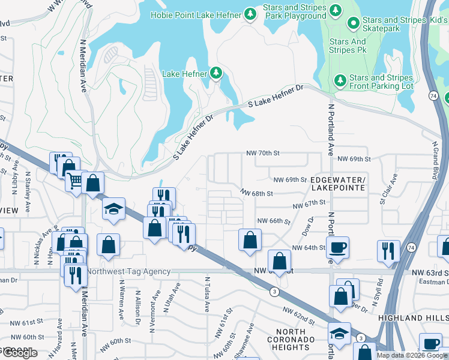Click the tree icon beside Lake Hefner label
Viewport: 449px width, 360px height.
(216, 74)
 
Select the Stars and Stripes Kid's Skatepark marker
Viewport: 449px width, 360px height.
(354, 24)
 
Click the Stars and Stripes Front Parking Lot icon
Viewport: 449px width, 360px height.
(340, 80)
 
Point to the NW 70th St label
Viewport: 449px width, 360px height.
(264, 154)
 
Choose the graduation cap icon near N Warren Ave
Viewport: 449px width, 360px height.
(113, 209)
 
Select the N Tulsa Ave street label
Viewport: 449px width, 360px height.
(207, 294)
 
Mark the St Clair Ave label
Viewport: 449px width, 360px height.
(388, 188)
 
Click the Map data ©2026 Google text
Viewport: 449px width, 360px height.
(411, 355)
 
